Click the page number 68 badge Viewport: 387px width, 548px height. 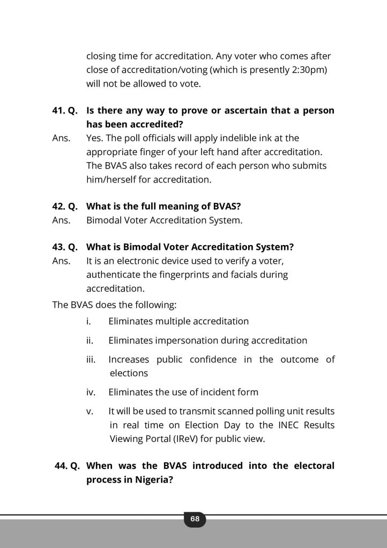click(x=195, y=519)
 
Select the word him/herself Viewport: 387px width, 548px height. click(x=112, y=180)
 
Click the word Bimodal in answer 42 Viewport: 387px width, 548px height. click(x=104, y=220)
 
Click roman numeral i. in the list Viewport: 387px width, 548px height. click(x=88, y=322)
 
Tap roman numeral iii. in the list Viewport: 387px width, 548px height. click(x=91, y=360)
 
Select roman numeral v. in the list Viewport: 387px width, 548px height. click(x=90, y=411)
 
